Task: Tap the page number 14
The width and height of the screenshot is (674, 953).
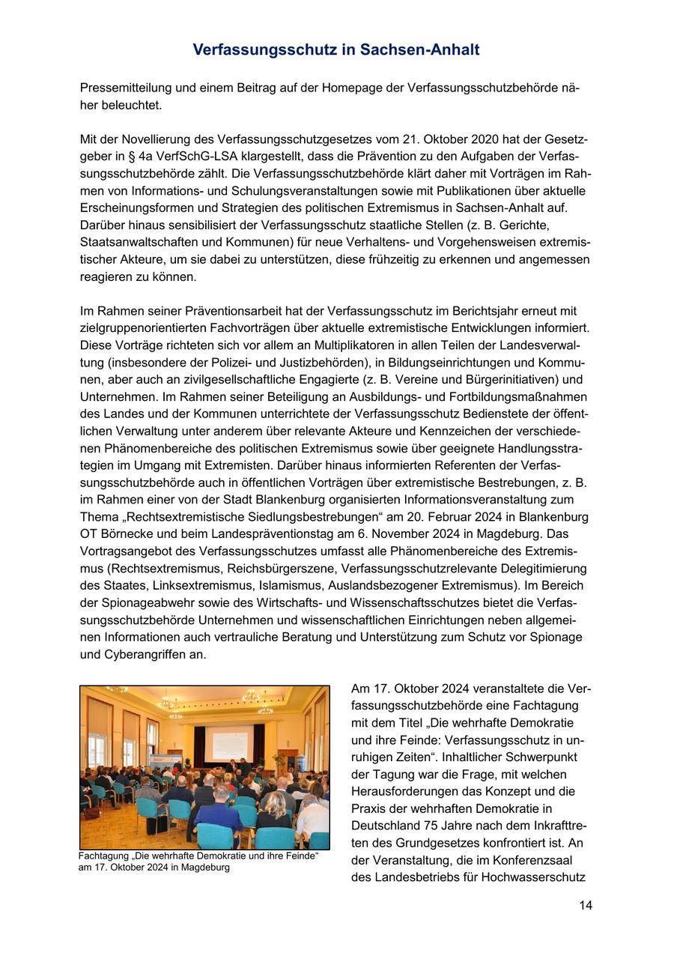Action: click(586, 905)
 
